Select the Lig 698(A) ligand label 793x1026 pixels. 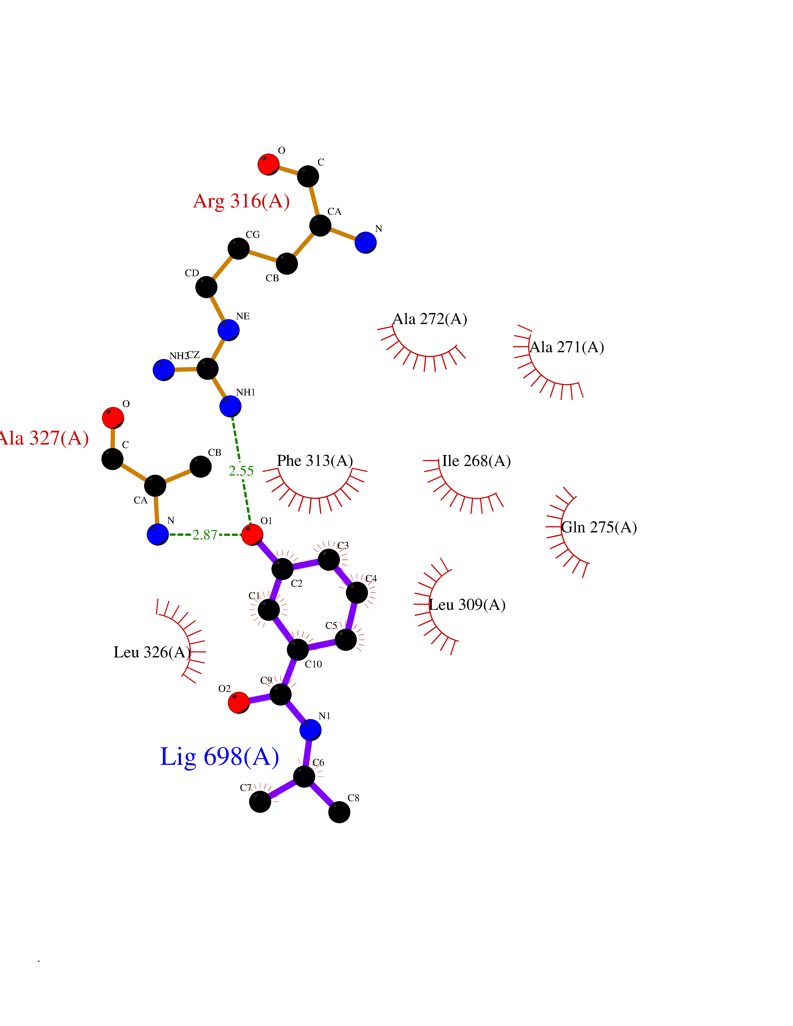[219, 757]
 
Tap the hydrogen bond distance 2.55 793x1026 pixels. [241, 471]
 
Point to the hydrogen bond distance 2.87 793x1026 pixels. [205, 535]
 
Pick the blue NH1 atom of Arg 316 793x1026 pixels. [230, 406]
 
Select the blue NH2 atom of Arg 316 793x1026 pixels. [163, 370]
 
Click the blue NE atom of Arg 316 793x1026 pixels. [228, 330]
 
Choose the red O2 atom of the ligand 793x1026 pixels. [239, 703]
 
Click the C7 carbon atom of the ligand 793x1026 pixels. [260, 801]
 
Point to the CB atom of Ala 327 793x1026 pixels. [201, 467]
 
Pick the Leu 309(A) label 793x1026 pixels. [467, 605]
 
